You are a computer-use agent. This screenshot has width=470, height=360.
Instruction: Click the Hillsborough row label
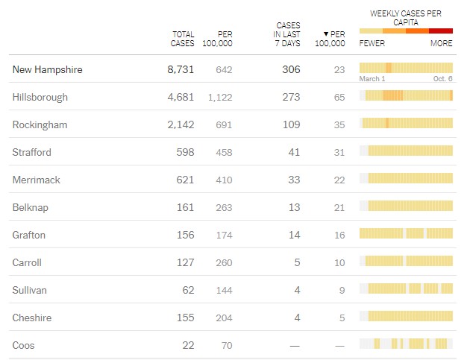pos(40,97)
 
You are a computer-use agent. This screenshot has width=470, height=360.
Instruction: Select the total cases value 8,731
pos(181,69)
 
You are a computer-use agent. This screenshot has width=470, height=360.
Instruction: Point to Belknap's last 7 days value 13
pos(294,207)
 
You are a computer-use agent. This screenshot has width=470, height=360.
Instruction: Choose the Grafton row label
pos(29,235)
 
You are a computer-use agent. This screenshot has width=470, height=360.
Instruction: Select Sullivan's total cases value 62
pos(187,290)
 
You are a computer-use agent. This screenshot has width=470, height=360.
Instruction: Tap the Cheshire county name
pos(32,318)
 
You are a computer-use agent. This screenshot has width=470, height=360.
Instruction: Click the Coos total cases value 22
pos(187,345)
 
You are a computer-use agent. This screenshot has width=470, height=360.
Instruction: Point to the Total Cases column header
pos(183,39)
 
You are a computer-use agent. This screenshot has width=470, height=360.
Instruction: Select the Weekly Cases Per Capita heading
pos(406,18)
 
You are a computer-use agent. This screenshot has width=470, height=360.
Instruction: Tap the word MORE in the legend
pos(441,43)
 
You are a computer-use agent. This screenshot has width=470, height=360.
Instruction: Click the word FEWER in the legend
pos(372,43)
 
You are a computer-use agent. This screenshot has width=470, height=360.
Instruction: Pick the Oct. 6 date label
pos(443,79)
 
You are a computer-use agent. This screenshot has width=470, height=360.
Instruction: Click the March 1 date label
pos(372,79)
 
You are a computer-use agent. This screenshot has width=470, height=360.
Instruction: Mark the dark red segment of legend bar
pos(441,31)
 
